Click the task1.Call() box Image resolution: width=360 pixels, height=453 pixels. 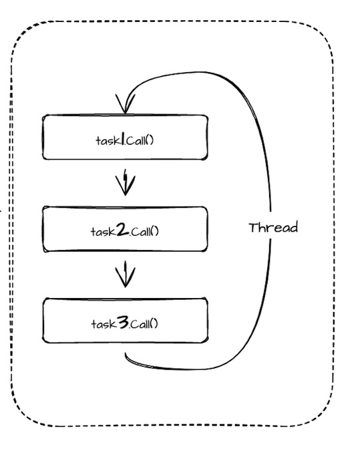coord(125,137)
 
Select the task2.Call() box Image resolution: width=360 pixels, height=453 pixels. coord(125,229)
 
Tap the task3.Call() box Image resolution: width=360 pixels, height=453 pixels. coord(125,321)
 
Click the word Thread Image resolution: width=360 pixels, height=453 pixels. coord(273,228)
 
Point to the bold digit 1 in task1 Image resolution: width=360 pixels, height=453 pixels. coord(123,140)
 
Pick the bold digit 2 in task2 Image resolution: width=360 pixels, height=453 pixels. coord(123,231)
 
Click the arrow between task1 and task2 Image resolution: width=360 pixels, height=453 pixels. coord(125,182)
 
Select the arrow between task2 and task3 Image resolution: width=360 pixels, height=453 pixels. coord(125,274)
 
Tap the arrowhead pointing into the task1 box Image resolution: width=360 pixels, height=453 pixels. coord(125,104)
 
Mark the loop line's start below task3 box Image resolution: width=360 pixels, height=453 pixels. coord(126,353)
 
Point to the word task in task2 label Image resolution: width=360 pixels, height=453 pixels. coord(104,232)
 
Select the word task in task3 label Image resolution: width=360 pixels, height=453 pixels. coord(104,324)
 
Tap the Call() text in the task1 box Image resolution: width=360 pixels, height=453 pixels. coord(140,141)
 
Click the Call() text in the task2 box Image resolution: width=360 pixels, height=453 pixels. coord(145,232)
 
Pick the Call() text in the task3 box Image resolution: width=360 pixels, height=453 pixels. coord(144,324)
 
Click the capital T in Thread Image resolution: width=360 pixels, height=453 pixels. coord(253,228)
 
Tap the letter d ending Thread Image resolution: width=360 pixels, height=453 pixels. coord(294,228)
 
